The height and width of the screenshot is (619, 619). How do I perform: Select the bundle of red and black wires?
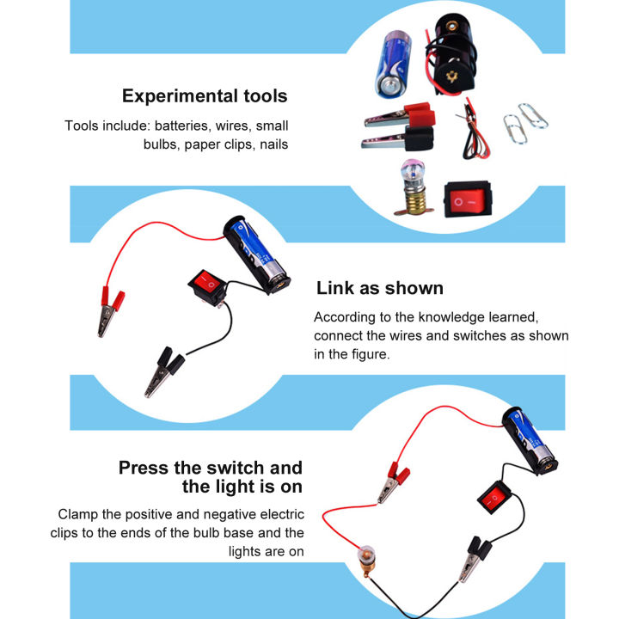(471, 126)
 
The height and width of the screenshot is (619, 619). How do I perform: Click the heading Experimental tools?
(205, 96)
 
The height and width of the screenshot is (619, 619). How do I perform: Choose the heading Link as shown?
(379, 288)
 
